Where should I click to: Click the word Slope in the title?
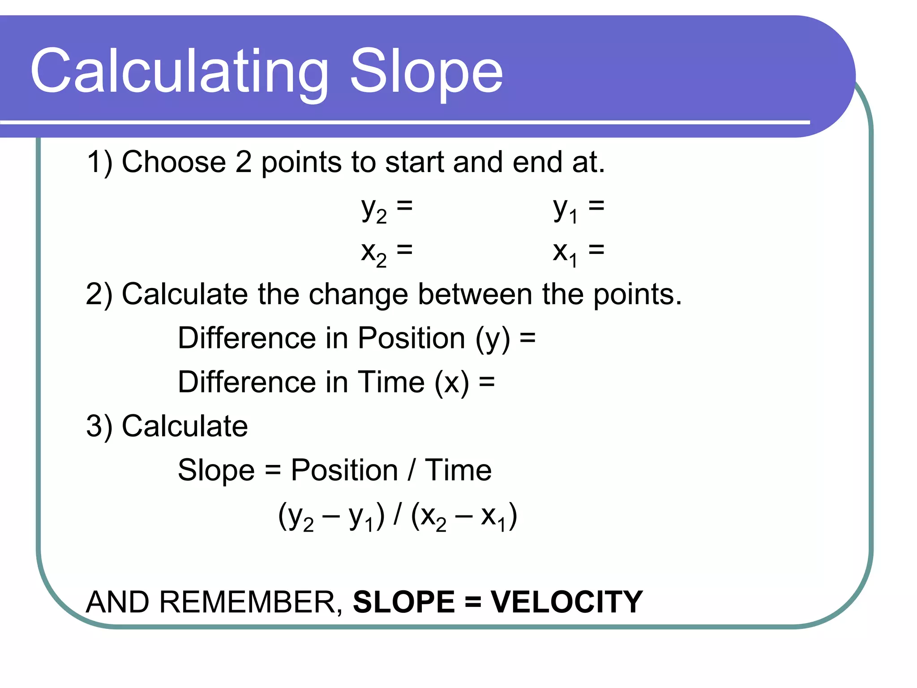pyautogui.click(x=426, y=72)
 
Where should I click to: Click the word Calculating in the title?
pyautogui.click(x=179, y=72)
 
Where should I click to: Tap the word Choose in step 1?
pyautogui.click(x=174, y=162)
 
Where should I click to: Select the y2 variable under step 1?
pyautogui.click(x=374, y=210)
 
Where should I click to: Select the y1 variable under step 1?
pyautogui.click(x=566, y=210)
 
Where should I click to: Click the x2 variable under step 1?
pyautogui.click(x=374, y=253)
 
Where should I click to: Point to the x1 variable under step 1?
pyautogui.click(x=565, y=253)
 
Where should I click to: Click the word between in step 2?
pyautogui.click(x=475, y=294)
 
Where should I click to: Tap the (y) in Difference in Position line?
pyautogui.click(x=493, y=339)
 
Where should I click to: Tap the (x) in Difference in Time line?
pyautogui.click(x=452, y=383)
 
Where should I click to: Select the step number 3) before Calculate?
pyautogui.click(x=99, y=426)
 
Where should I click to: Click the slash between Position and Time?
pyautogui.click(x=411, y=470)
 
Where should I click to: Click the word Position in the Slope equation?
pyautogui.click(x=344, y=471)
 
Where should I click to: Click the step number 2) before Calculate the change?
pyautogui.click(x=99, y=295)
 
